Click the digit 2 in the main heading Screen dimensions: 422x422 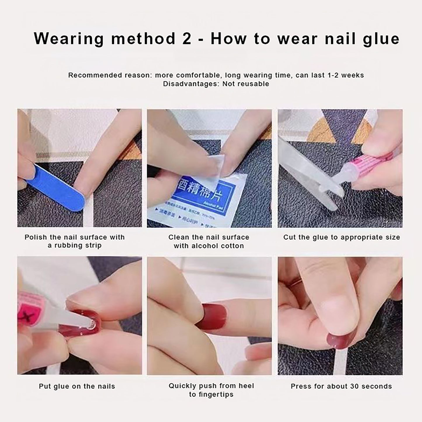point(186,39)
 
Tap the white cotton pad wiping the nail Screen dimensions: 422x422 point(216,166)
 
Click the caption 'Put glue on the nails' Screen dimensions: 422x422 point(77,386)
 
